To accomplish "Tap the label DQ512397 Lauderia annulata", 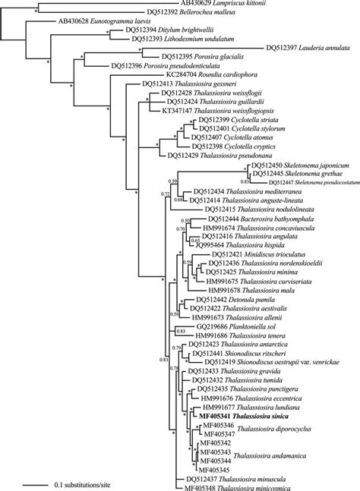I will [308, 48].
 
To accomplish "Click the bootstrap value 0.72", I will [165, 216].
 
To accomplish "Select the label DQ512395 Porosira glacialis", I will [193, 57].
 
